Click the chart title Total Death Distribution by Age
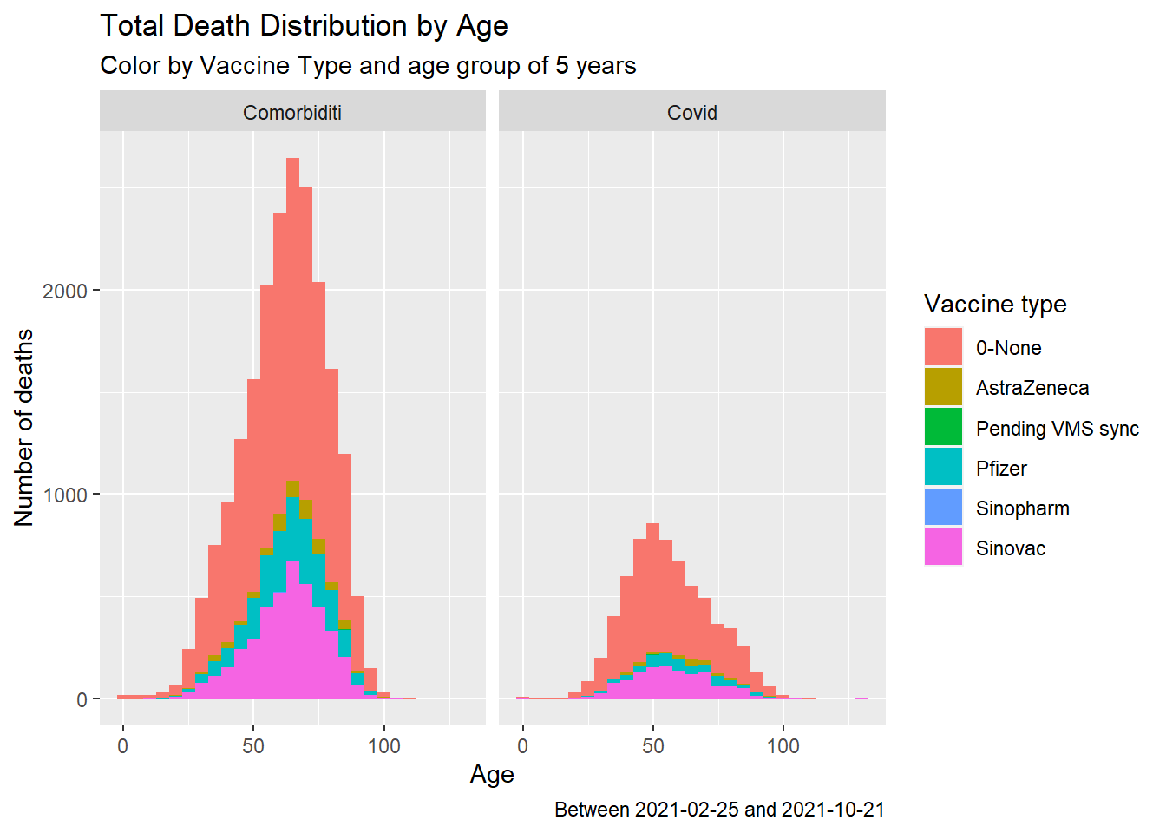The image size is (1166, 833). point(304,26)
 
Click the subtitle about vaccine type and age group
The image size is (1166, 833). point(368,66)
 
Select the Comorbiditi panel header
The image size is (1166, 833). point(292,113)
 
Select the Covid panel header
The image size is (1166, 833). point(692,113)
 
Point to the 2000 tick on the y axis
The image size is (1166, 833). point(65,291)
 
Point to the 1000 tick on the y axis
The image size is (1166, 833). point(65,495)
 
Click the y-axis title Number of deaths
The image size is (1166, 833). point(24,428)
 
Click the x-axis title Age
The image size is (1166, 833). point(492,774)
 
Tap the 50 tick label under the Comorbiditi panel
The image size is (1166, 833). point(253,746)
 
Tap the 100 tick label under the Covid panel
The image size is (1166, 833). point(783,746)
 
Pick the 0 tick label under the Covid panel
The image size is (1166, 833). point(522,746)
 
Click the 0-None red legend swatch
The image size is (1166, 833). point(943,347)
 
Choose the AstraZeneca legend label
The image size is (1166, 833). point(1032,388)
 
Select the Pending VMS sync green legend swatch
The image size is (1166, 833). point(943,428)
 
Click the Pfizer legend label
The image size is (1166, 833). point(1001,469)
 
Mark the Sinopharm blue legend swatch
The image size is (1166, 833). point(943,508)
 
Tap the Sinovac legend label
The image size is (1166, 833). point(1011,548)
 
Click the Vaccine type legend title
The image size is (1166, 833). point(995,304)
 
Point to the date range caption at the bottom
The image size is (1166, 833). point(719,810)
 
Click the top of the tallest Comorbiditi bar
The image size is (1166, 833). point(292,160)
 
